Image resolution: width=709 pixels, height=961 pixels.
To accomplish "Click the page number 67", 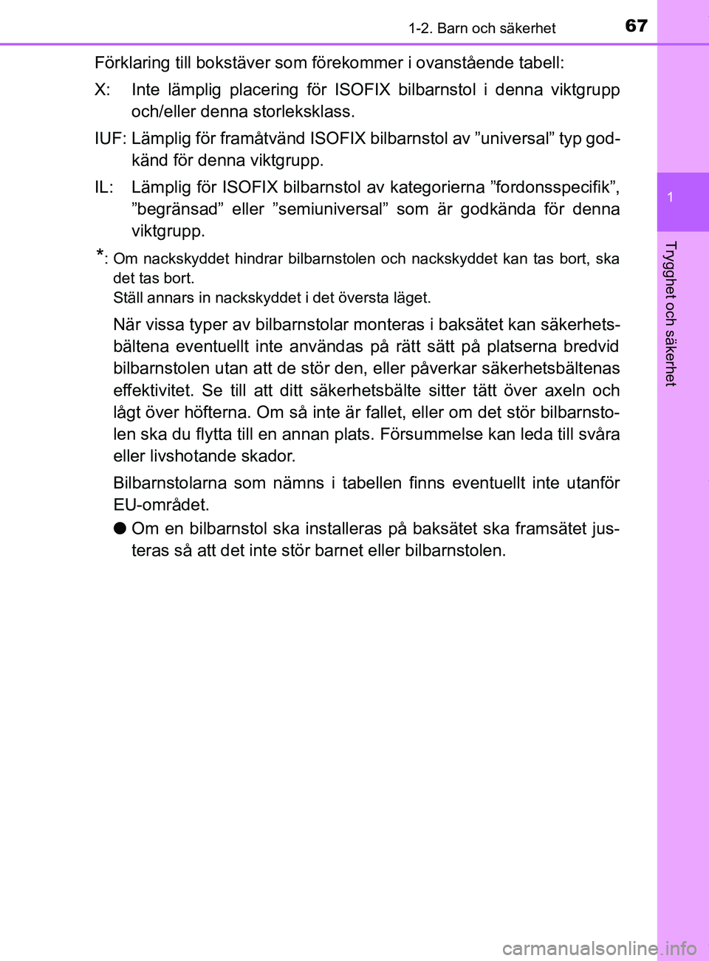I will coord(636,26).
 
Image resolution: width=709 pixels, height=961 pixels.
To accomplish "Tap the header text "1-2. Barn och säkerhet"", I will coord(482,29).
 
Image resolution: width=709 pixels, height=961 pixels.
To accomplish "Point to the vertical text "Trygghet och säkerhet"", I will coord(670,313).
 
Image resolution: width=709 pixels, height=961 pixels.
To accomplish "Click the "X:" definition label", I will coord(103,90).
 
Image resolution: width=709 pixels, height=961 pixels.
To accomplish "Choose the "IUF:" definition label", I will coord(111,138).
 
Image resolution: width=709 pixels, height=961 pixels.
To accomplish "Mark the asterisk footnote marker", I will coord(100,256).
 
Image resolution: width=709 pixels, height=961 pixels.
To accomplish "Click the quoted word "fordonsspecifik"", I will coord(554,187).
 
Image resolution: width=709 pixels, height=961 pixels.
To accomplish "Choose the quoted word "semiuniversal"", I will coord(330,209).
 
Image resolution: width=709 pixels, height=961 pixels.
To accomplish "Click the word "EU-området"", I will coord(160,505).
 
